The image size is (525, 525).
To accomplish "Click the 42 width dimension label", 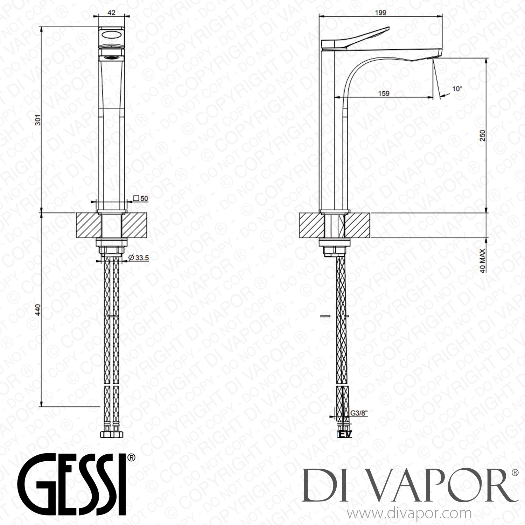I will [x=111, y=12].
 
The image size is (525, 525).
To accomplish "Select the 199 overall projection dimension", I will [x=380, y=13].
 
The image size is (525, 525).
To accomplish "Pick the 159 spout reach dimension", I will [x=384, y=93].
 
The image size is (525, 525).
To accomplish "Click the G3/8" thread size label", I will [x=358, y=413].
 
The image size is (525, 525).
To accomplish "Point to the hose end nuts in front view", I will [x=111, y=434].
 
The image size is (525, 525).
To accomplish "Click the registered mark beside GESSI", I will [x=131, y=457].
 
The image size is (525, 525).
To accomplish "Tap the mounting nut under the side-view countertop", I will [x=335, y=249].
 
